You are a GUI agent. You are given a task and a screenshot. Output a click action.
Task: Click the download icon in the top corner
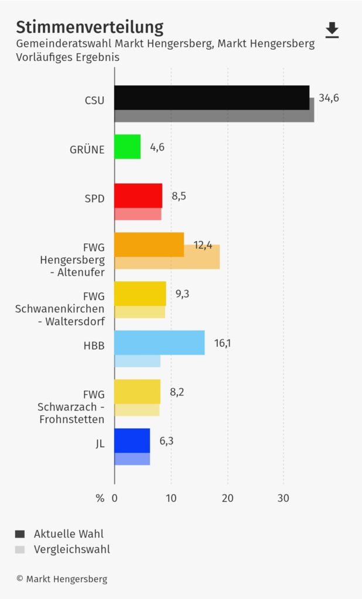pos(332,30)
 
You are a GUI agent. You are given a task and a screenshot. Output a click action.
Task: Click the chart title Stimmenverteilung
pos(90,27)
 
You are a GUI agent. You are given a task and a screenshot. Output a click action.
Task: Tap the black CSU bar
pos(211,98)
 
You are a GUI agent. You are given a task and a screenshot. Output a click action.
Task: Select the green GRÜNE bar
pos(127,147)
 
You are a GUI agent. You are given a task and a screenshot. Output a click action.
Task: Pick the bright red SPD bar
pos(138,195)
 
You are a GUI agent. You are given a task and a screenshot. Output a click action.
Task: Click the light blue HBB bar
pos(159,343)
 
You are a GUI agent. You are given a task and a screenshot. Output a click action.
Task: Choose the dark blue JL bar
pos(132,440)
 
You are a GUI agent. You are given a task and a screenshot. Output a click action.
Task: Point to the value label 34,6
pos(329,98)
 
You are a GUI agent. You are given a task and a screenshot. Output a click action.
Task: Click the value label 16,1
pos(223,343)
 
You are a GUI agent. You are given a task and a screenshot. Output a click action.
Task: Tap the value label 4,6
pos(157,147)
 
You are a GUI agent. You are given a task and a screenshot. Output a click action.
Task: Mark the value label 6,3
pos(166,440)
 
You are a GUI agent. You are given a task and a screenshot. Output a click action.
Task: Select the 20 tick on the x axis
pos(227,498)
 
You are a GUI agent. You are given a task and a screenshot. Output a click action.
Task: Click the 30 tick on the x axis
pos(284,498)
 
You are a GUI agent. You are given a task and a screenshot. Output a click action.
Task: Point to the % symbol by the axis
pos(100,498)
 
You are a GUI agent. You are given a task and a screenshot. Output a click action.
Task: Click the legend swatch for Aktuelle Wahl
pos(20,533)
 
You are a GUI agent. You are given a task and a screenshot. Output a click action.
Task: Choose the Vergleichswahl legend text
pos(72,549)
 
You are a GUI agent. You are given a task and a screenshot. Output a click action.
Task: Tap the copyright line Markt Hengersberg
pos(62,579)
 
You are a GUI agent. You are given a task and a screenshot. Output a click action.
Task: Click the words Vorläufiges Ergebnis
pos(67,57)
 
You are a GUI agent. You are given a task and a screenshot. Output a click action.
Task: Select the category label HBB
pos(94,346)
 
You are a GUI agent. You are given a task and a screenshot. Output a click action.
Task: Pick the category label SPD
pos(94,198)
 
